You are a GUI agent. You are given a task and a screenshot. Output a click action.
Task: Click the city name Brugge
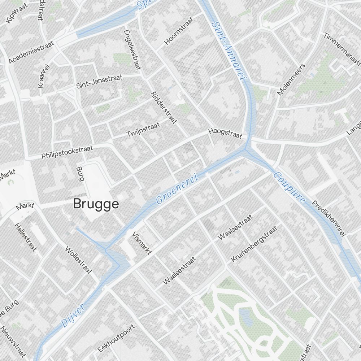click(96, 204)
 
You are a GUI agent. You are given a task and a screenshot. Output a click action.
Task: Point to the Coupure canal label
click(290, 187)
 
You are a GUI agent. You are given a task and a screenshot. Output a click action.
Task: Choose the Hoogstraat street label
click(225, 134)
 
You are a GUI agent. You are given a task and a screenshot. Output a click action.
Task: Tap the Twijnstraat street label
click(143, 129)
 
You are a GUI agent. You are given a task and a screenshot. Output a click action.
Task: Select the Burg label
click(80, 173)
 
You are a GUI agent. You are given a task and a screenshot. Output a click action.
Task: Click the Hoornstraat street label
click(179, 30)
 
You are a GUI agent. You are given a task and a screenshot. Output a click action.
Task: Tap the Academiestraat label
click(31, 52)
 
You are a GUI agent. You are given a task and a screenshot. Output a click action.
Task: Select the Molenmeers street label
click(291, 79)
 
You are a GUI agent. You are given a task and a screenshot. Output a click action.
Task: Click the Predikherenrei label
click(329, 218)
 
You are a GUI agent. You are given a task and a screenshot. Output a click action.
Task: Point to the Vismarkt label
click(142, 243)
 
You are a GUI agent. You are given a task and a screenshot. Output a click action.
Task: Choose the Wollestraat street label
click(78, 260)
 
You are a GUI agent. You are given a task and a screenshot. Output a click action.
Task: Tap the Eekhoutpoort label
click(117, 338)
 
